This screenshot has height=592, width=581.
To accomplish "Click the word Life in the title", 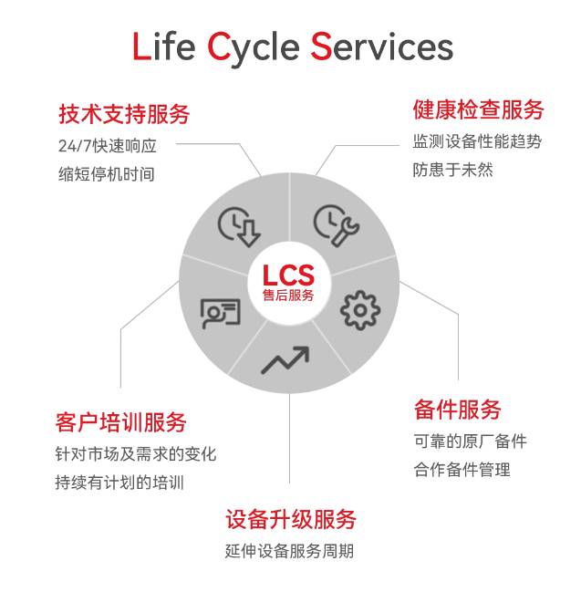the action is click(164, 46).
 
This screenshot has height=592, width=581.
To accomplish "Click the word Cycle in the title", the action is click(253, 49).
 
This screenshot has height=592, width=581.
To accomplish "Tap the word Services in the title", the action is click(381, 46).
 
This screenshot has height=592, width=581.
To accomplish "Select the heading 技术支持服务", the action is click(124, 114).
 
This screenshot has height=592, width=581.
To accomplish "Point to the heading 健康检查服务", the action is click(478, 109).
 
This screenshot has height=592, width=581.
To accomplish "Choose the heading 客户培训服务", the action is click(120, 422).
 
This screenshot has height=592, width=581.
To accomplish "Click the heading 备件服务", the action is click(457, 410).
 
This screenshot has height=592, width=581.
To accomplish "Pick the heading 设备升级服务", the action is click(291, 519).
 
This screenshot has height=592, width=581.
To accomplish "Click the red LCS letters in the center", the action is click(288, 275).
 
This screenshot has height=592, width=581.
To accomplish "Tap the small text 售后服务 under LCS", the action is click(288, 296).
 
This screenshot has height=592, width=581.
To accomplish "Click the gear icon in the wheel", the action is click(360, 310).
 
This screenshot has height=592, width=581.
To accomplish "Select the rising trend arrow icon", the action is click(285, 359).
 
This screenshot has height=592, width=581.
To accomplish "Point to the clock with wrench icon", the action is click(336, 225).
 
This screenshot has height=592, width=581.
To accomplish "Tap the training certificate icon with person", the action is click(220, 314).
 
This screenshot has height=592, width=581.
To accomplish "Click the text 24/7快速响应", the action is click(108, 146).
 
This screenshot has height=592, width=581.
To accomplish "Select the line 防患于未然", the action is click(452, 170).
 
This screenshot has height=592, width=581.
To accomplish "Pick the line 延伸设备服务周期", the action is click(289, 551).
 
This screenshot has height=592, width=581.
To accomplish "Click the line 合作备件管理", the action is click(462, 470).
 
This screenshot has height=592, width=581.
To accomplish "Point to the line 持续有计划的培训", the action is click(119, 483).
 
